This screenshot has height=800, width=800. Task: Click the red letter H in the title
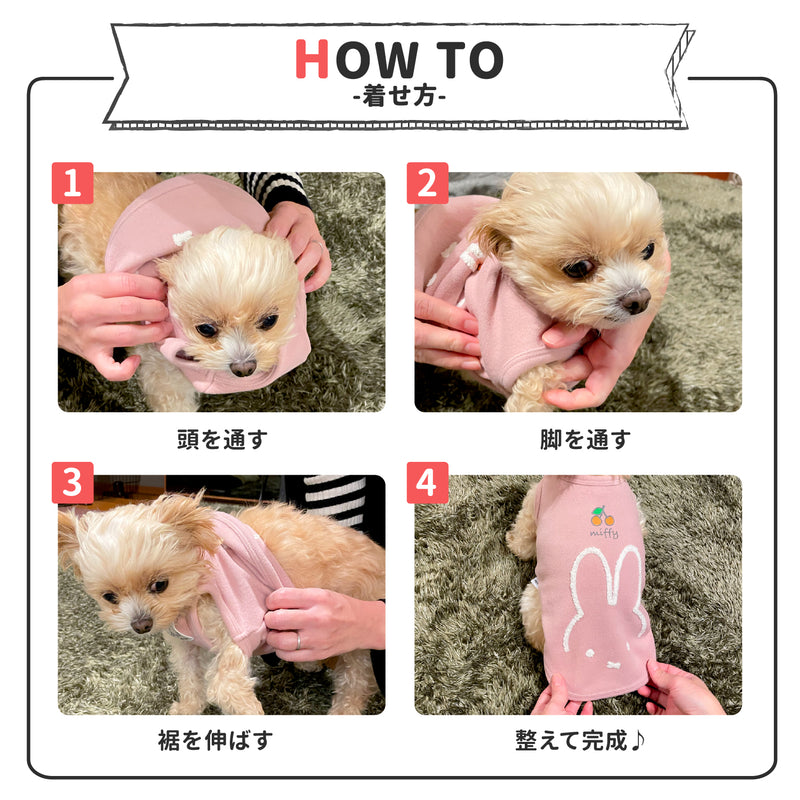coord(311,59)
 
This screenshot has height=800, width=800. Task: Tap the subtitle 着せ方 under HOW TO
coord(399,95)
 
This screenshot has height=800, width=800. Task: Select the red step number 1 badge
coord(72,183)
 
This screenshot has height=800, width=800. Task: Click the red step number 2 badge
coord(428,183)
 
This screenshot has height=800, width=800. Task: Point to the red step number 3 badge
coord(72,483)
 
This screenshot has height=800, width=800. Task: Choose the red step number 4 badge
coord(428,483)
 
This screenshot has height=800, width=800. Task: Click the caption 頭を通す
coord(222,439)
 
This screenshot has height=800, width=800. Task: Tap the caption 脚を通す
coord(585,439)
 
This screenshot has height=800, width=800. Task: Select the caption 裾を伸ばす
coord(215,740)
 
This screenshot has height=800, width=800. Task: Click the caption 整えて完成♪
coord(580,740)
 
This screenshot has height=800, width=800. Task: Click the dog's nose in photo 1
coord(243,367)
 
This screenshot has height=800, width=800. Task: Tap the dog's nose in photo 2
coord(635,300)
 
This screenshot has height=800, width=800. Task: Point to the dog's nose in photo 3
coord(141,624)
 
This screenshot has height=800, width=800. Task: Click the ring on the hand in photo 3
coord(298,641)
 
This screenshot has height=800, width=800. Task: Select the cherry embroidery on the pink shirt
coord(603,516)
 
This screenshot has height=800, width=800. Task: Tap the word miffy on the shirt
coord(605,533)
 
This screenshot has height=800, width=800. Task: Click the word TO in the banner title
coord(469,60)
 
